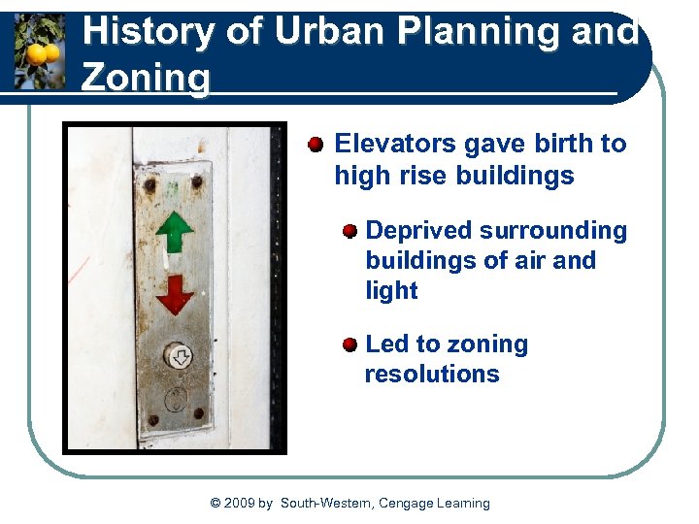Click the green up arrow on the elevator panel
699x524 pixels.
(x=175, y=234)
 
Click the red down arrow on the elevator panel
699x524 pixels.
(x=175, y=294)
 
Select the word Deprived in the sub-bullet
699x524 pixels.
(x=420, y=231)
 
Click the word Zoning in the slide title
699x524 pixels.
(x=146, y=78)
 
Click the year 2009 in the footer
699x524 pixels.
(x=239, y=503)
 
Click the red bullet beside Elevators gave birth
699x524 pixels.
(x=316, y=146)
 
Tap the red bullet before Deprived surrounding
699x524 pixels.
(x=349, y=231)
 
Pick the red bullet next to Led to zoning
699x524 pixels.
(x=349, y=345)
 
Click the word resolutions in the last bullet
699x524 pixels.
(x=432, y=375)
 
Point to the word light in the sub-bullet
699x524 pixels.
(x=391, y=291)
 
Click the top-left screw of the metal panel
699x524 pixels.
(x=150, y=182)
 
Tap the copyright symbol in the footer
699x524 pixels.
(x=216, y=503)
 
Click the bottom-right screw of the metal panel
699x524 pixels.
(x=199, y=413)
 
